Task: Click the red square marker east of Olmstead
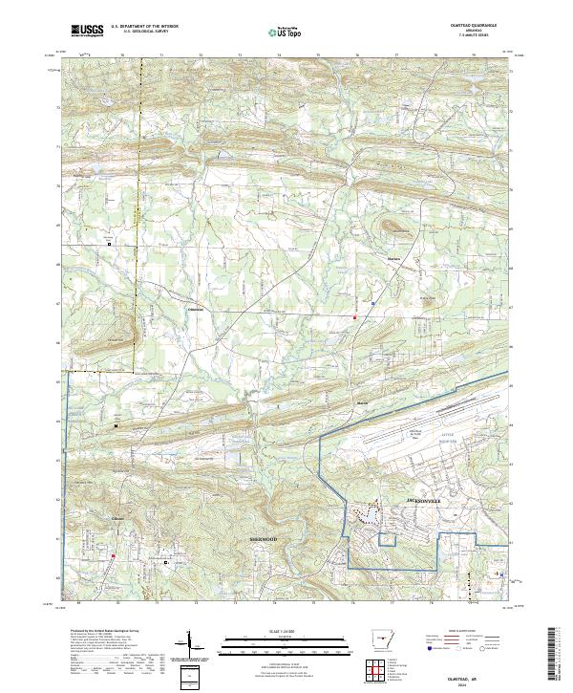pos(355,316)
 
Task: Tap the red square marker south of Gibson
pos(113,556)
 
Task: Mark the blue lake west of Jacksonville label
pos(367,517)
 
